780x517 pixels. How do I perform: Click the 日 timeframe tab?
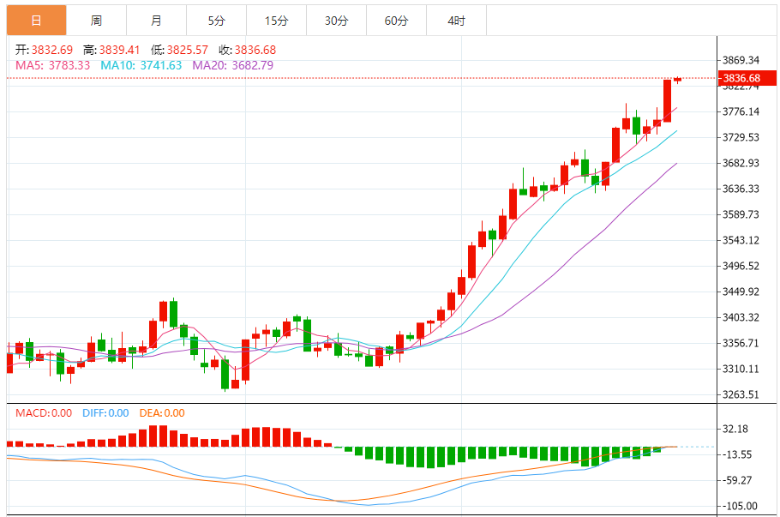click(x=36, y=21)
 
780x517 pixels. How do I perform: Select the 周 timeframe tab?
click(x=96, y=21)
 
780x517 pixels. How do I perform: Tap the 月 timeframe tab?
click(x=156, y=21)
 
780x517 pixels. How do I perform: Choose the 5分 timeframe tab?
click(x=216, y=21)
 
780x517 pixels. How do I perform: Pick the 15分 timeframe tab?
click(x=276, y=21)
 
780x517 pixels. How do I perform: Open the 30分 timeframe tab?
click(x=336, y=21)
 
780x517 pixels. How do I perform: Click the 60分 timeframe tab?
click(x=396, y=21)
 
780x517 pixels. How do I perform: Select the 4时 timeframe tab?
click(x=456, y=21)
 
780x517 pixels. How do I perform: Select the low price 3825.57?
click(x=190, y=51)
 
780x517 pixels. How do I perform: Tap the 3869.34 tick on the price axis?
click(x=741, y=60)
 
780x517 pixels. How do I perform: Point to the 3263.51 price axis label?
click(x=741, y=394)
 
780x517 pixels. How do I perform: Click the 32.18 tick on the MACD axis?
click(x=736, y=429)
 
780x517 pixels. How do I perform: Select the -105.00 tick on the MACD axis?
click(x=738, y=506)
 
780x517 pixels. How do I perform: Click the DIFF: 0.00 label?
click(x=105, y=413)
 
